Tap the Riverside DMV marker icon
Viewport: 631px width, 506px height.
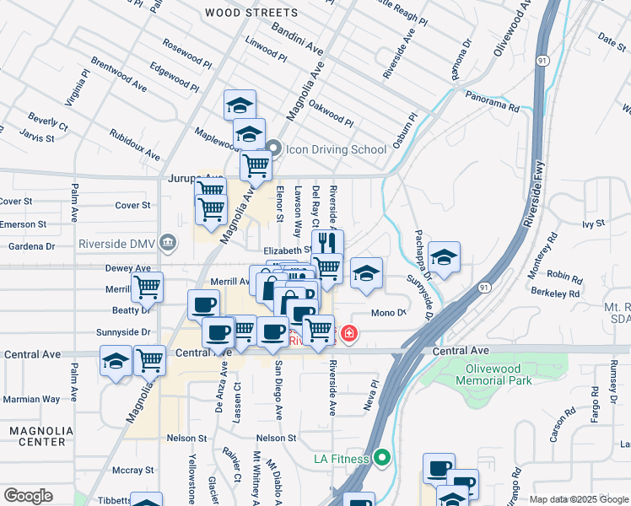(168, 245)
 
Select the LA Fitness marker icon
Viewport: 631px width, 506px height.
(382, 459)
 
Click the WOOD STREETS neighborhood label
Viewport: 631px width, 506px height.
(251, 13)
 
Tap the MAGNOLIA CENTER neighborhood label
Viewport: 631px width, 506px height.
(36, 436)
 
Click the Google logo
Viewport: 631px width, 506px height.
(28, 496)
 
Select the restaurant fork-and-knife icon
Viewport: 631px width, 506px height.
(327, 243)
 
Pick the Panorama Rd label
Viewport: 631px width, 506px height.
(491, 107)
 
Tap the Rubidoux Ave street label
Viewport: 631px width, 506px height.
(134, 144)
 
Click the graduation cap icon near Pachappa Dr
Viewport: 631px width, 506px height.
(444, 256)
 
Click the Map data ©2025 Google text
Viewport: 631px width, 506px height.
(578, 499)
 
